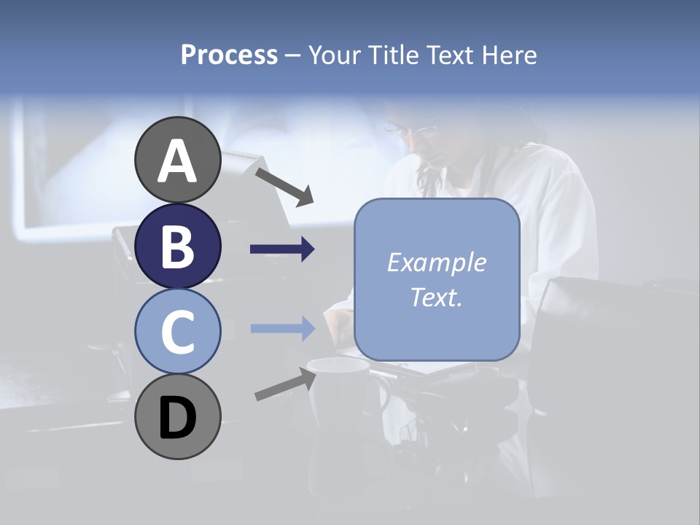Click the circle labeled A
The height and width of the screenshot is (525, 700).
[x=177, y=160]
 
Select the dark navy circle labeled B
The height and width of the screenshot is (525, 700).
[x=177, y=246]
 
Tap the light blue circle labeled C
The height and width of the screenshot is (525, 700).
[x=177, y=331]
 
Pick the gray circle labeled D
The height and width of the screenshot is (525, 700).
[x=177, y=416]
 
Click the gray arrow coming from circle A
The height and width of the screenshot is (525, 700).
[x=284, y=186]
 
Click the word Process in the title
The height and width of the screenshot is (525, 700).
[x=229, y=55]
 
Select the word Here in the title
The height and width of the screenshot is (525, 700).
[x=510, y=55]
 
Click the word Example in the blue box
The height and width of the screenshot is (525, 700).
[x=436, y=262]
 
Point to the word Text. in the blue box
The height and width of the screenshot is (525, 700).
[x=436, y=297]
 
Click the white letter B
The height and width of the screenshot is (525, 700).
[x=177, y=246]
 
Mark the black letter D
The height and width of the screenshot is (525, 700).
[x=177, y=418]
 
